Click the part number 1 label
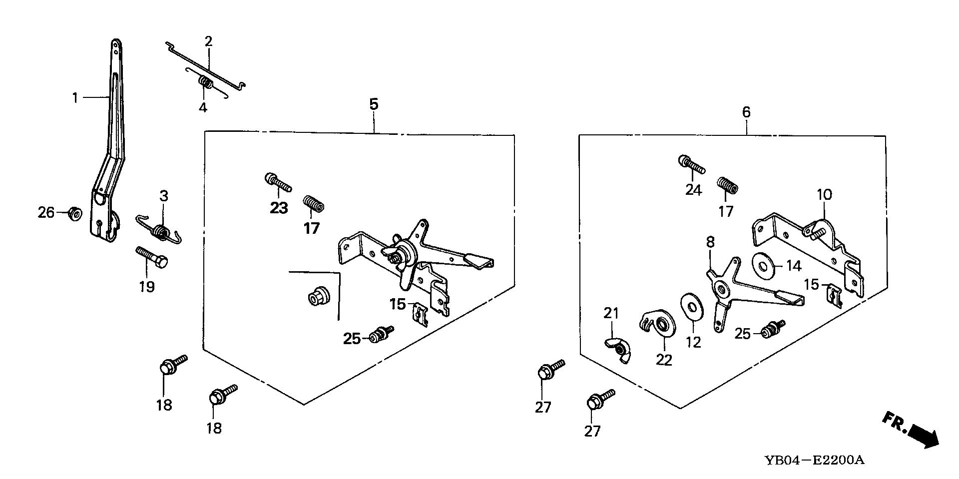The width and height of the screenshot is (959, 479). (x=75, y=97)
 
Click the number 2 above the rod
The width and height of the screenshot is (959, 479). (x=208, y=41)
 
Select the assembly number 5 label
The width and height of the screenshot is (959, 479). (x=374, y=104)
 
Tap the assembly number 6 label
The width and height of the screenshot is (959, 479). (x=746, y=112)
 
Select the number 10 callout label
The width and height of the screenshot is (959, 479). (x=824, y=195)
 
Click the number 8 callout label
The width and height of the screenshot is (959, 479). (x=710, y=243)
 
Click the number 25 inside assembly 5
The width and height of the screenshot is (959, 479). (x=352, y=339)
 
